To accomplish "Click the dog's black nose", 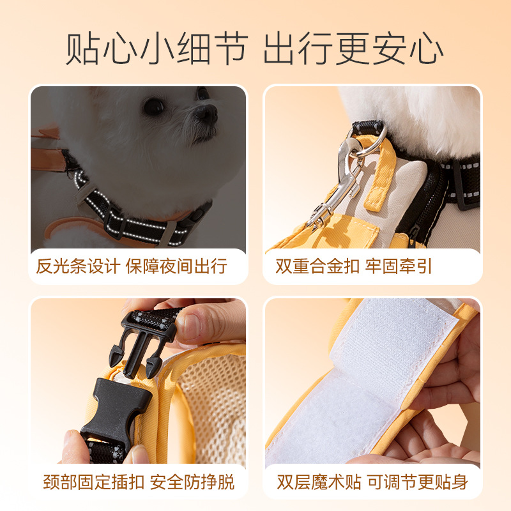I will point(206,114).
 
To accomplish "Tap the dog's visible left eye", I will point(153,106).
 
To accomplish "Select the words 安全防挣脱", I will point(192,482).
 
